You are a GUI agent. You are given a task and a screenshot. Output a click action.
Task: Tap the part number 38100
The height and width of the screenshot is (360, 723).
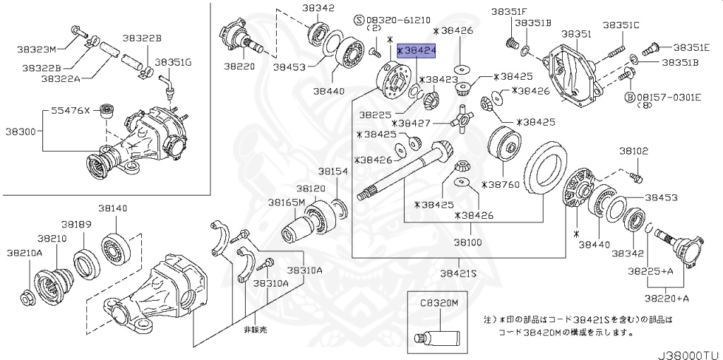[x=467, y=242]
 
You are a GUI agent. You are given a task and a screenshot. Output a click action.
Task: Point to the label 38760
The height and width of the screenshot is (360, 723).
[x=502, y=184]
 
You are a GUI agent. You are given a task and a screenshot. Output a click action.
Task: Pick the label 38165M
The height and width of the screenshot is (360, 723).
[x=286, y=202]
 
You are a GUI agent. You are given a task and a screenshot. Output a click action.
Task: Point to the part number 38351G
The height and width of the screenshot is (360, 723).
[x=173, y=62]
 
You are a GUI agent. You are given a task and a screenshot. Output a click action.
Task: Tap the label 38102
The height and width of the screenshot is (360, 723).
[x=633, y=151]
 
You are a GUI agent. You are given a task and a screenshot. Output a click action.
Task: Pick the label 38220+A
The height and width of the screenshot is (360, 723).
[x=668, y=299]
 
